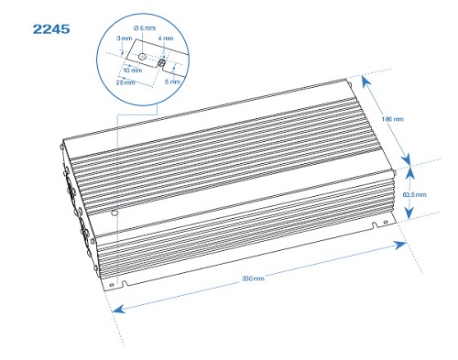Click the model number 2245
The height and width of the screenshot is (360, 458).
point(51,29)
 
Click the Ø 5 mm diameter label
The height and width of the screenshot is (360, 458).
point(145,28)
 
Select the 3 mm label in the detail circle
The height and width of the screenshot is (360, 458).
point(125,38)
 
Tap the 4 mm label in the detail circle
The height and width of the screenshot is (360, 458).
point(166,38)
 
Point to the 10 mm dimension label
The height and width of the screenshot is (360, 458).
point(133,71)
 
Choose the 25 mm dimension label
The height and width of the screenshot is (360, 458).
point(125,82)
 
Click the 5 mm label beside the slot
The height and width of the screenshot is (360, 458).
point(172,82)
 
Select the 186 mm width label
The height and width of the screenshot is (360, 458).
point(392,119)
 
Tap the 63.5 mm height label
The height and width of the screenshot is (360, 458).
point(414,194)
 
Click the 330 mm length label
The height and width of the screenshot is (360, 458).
point(253,278)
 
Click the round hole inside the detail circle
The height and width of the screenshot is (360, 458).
point(142,57)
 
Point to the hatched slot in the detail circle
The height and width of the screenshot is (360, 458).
point(161,63)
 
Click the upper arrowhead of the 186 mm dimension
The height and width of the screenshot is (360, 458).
point(366,81)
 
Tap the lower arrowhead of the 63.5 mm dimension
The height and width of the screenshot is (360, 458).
point(409,213)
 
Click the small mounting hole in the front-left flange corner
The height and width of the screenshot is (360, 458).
point(112,285)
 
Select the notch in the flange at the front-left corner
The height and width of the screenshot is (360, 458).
point(125,284)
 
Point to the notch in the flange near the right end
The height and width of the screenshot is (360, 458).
point(375,225)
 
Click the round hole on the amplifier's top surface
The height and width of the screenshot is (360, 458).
point(114,213)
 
